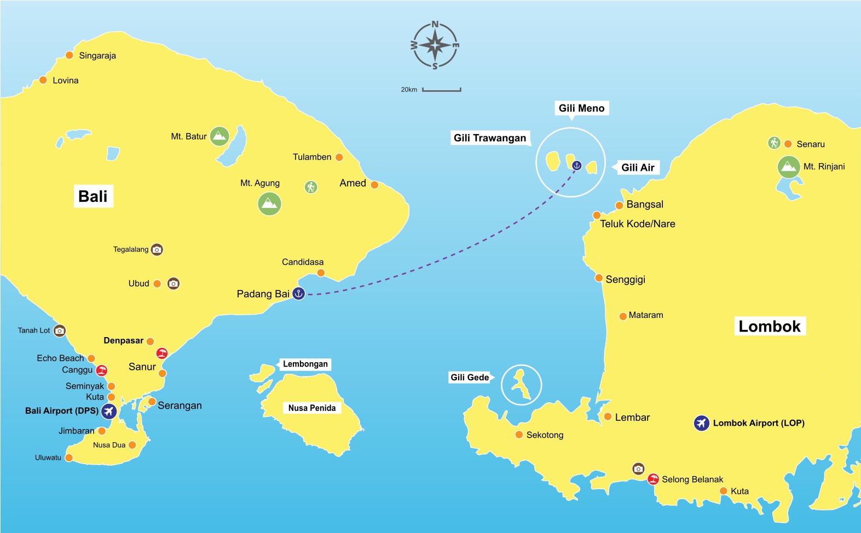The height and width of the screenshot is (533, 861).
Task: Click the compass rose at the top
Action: [x=435, y=45]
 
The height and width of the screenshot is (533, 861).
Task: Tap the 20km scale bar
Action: [x=441, y=90]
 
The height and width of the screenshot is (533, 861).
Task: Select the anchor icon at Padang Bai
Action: [x=298, y=293]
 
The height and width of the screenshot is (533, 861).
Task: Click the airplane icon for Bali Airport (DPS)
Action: [x=109, y=411]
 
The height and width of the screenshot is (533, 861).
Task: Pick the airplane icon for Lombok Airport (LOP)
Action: [x=701, y=423]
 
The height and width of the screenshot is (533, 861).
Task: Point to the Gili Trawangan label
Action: [x=490, y=138]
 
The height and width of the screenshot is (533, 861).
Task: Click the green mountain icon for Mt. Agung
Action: [x=269, y=204]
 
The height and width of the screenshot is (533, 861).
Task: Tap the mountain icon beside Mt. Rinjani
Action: [x=788, y=167]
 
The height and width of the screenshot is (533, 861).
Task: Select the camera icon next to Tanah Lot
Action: [x=60, y=331]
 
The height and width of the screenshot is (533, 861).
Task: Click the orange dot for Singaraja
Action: [x=70, y=55]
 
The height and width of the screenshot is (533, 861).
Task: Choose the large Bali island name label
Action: [x=93, y=196]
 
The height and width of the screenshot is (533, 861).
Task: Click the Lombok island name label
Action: [x=769, y=327]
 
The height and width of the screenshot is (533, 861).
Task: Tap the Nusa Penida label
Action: [x=312, y=408]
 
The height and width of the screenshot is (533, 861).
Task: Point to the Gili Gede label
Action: [x=470, y=377]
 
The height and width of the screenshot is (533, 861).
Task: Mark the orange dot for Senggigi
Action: [x=599, y=278]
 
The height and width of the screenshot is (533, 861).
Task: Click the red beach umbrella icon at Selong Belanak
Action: [x=653, y=479]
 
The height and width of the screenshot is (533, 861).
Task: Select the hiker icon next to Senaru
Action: [x=773, y=143]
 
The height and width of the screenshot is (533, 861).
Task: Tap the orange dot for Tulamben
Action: [x=339, y=157]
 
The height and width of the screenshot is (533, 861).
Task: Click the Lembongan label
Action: [x=305, y=364]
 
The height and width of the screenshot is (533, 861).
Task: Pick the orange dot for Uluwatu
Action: [x=69, y=457]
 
